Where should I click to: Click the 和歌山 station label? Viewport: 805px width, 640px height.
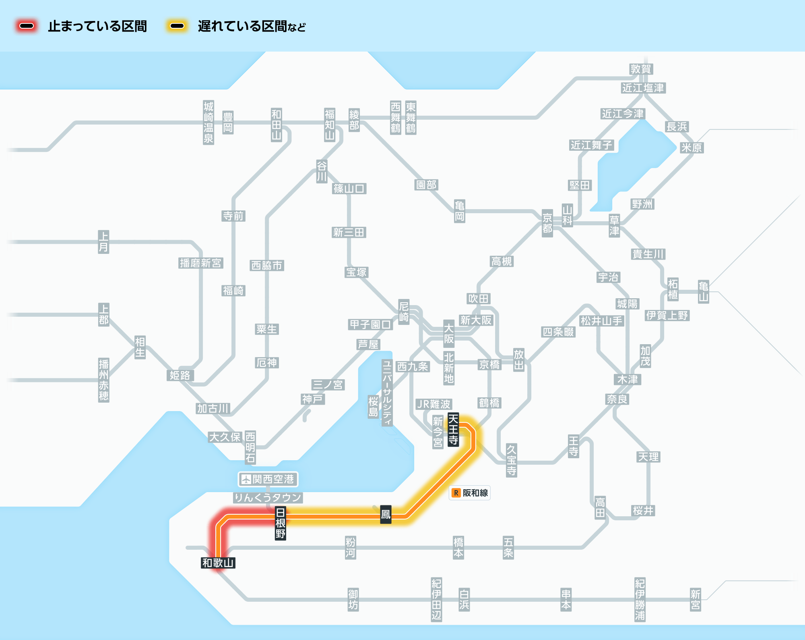click(x=218, y=563)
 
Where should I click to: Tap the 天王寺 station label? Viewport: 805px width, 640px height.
click(x=453, y=430)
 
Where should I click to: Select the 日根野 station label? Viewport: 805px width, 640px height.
click(x=281, y=523)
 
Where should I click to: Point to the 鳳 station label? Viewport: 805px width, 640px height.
click(x=386, y=514)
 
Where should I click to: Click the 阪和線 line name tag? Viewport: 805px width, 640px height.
click(x=475, y=493)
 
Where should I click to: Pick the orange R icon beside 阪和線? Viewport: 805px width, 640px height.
click(x=456, y=493)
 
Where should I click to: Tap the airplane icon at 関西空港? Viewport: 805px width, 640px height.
click(x=246, y=479)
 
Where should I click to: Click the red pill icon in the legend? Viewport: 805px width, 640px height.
click(x=27, y=26)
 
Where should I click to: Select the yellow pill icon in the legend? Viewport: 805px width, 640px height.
click(x=177, y=26)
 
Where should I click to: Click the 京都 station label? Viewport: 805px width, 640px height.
click(x=547, y=223)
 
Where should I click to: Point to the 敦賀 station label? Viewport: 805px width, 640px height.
click(x=641, y=69)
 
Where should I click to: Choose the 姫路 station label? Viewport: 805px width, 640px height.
click(x=180, y=375)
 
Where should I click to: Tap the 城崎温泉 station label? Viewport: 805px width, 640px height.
click(x=208, y=123)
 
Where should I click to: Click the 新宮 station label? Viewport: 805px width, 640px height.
click(x=695, y=600)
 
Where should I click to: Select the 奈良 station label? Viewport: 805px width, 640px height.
click(x=617, y=399)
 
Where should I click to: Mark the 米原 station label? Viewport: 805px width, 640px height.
click(x=691, y=148)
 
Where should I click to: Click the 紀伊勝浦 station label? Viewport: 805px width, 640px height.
click(x=640, y=600)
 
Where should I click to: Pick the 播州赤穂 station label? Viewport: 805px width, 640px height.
click(x=103, y=380)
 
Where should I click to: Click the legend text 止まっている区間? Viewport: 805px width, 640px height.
click(x=97, y=26)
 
